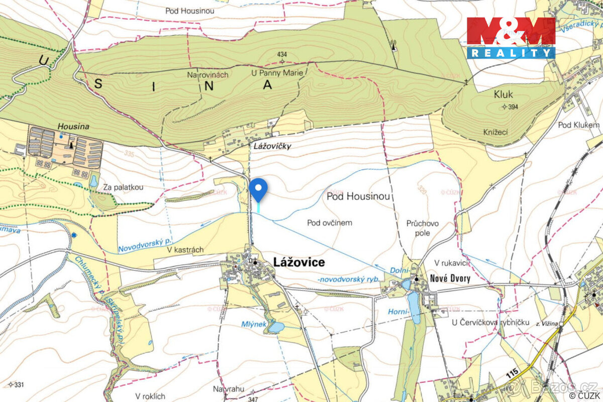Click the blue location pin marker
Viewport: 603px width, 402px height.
(258, 188)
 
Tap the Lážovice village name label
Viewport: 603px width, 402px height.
(299, 262)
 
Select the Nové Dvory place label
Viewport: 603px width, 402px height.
(449, 278)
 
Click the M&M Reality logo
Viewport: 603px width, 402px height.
(511, 38)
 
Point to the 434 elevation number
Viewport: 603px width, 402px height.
(282, 54)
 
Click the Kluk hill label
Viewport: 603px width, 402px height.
(503, 94)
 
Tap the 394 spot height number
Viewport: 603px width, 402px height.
(513, 107)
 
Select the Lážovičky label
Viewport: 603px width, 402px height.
(272, 146)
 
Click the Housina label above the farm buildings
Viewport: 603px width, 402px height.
(73, 127)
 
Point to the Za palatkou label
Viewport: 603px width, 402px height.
(124, 187)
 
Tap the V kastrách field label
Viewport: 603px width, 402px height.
(185, 250)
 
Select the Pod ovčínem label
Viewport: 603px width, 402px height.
(330, 222)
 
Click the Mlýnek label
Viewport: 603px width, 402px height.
(253, 324)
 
